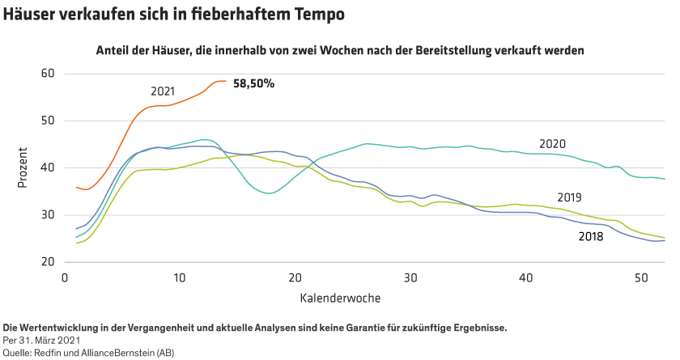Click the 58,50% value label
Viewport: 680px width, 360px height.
pos(253,83)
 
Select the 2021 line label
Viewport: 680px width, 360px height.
pos(163,91)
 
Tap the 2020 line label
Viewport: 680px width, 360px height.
pos(552,144)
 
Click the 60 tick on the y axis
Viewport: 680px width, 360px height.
pos(47,74)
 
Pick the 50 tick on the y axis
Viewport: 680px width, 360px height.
pos(47,121)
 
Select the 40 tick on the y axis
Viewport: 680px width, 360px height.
pos(47,167)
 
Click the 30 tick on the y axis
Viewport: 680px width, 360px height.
pos(47,215)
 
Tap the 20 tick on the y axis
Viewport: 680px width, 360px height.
pos(47,262)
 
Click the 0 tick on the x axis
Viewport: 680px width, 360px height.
pos(65,277)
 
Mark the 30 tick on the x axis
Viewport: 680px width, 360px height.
pos(410,277)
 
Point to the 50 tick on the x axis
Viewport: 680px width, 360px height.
pos(641,277)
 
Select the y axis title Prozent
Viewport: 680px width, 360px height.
pos(23,167)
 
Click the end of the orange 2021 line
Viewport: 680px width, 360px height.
pos(226,81)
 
